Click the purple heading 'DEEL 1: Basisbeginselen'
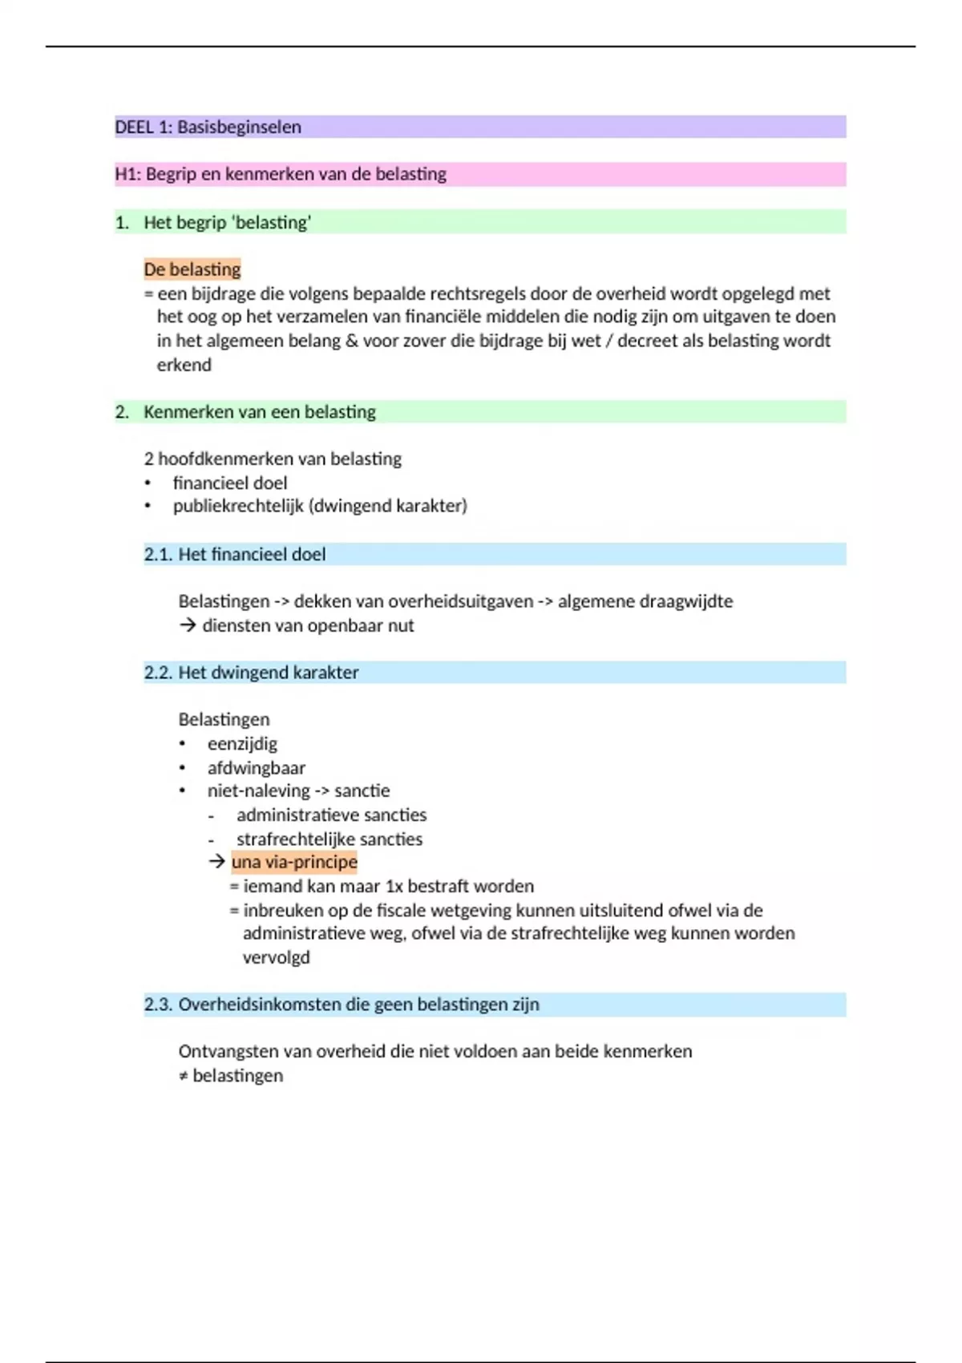[x=208, y=127]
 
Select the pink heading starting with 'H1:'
[x=281, y=174]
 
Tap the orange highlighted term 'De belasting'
[x=192, y=269]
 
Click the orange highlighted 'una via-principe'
[x=294, y=862]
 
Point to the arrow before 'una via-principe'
[x=216, y=862]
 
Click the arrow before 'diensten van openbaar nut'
[x=188, y=625]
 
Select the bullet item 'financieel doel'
[x=230, y=483]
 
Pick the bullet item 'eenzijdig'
[x=242, y=743]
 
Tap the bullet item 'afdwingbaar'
[x=257, y=767]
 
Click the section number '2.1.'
[x=157, y=554]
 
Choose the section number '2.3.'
[x=158, y=1004]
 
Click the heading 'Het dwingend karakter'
[x=269, y=672]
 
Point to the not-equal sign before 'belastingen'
[x=184, y=1076]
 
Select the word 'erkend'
[x=184, y=365]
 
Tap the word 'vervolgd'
[x=277, y=957]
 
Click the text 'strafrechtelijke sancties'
[x=329, y=839]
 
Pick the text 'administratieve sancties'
[x=332, y=815]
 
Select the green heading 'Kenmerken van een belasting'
[x=260, y=411]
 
